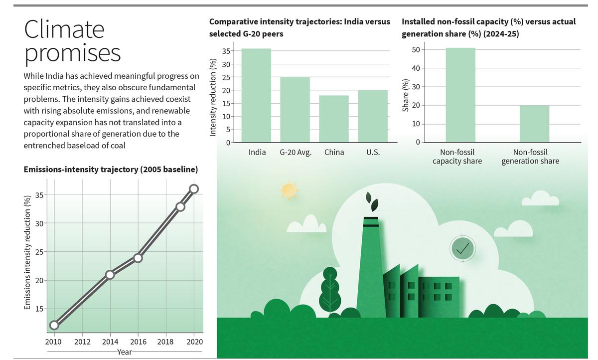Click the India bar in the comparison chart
[257, 95]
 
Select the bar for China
[334, 119]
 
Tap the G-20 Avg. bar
[295, 110]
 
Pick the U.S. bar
[373, 116]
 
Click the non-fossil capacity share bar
[460, 95]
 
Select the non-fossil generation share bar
[534, 124]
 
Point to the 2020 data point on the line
[194, 188]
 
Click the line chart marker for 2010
[54, 326]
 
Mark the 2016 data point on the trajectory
[138, 258]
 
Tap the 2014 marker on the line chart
[110, 274]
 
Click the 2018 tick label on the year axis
[165, 342]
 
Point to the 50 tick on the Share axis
[415, 49]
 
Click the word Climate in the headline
[64, 29]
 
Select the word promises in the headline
[73, 53]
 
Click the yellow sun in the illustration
[289, 190]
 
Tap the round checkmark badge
[462, 248]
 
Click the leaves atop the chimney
[372, 201]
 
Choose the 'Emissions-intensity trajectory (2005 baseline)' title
[111, 170]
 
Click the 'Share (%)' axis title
[405, 96]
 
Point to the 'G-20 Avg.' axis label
[296, 152]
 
